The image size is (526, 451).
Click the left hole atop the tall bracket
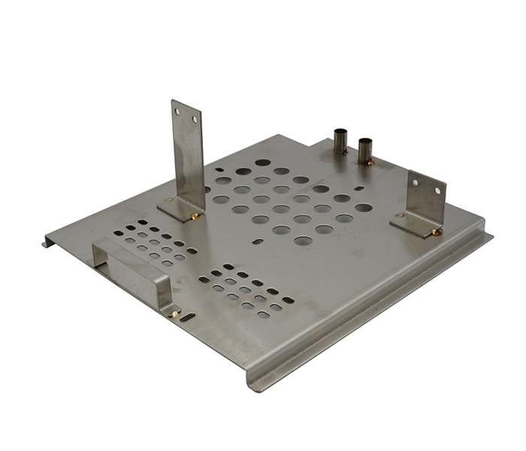click(x=178, y=111)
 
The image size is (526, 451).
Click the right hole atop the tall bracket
click(x=195, y=119)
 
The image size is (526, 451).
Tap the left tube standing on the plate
click(x=340, y=141)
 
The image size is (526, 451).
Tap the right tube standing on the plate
click(x=366, y=150)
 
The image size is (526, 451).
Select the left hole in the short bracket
click(x=415, y=180)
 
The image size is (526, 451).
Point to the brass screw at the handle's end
click(x=175, y=313)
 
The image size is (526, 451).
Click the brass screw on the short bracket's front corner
click(x=434, y=232)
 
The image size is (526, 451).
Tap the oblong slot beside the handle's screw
click(x=188, y=318)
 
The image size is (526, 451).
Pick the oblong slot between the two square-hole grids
click(x=258, y=242)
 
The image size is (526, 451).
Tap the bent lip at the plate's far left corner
click(x=48, y=242)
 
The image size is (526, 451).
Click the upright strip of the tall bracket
click(x=188, y=150)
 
